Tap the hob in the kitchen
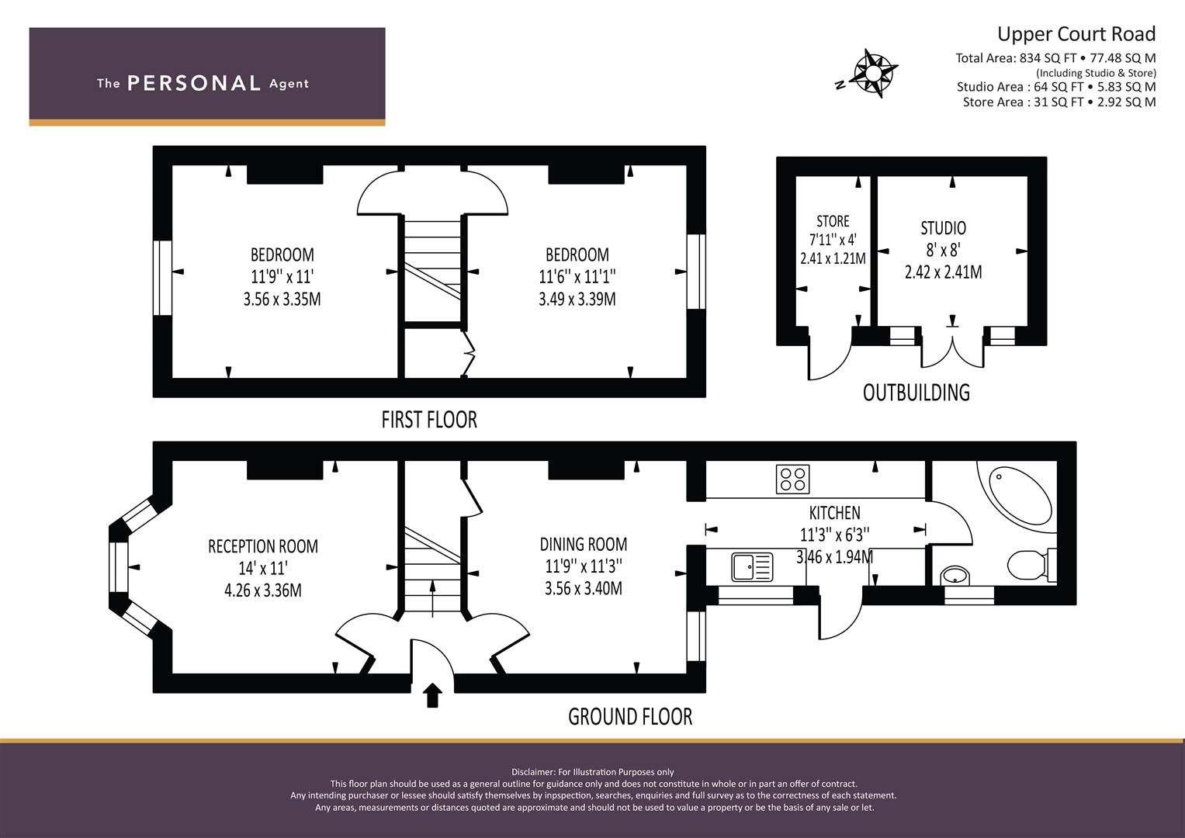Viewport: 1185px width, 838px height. tap(792, 479)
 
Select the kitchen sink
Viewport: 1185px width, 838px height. tap(752, 566)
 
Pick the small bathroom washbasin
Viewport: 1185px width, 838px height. tap(954, 576)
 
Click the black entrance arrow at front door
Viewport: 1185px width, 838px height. tap(432, 694)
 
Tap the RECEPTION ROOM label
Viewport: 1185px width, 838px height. tap(262, 546)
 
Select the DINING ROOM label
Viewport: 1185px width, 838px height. tap(584, 545)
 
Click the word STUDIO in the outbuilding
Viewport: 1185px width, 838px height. tap(943, 228)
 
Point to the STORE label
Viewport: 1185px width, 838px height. tap(833, 221)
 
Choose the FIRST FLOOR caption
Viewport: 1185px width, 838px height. tap(428, 420)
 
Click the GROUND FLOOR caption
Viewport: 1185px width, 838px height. tap(629, 716)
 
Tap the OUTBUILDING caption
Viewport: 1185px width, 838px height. tap(916, 393)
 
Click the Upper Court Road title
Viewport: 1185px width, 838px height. tap(1076, 34)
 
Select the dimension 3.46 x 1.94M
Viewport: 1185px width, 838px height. tap(834, 557)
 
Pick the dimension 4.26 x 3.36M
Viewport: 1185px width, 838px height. tap(262, 590)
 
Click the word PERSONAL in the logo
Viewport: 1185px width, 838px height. tap(193, 84)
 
